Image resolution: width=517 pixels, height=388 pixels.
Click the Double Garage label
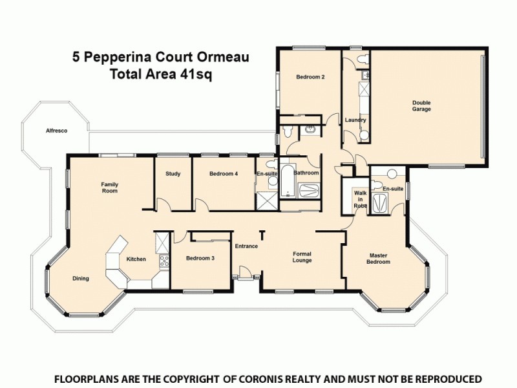pos(422,106)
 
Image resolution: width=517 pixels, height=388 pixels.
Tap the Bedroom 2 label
pos(310,77)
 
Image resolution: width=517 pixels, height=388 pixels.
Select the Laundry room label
pos(355,120)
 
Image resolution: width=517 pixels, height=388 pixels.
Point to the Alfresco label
pos(56,131)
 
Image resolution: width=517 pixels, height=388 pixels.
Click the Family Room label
pos(109,188)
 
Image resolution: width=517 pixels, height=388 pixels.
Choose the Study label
pos(173,173)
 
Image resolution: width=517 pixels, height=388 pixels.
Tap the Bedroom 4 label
pos(223,173)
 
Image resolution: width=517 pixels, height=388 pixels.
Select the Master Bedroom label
pos(379,258)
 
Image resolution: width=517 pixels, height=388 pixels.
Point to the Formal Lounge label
pos(302,257)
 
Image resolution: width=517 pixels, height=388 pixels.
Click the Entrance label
pos(246,246)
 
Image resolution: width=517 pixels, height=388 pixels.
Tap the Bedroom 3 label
pos(200,258)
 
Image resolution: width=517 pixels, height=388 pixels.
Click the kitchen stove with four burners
pos(164,262)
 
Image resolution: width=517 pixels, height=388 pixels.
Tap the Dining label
pos(81,279)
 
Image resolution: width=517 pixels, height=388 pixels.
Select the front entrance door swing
pos(244,272)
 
